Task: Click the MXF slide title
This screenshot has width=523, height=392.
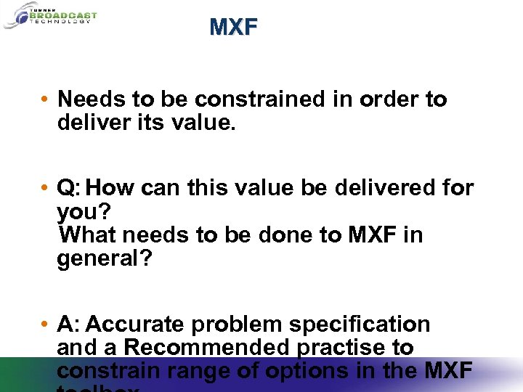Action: point(233,28)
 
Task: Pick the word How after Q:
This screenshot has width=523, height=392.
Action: point(110,189)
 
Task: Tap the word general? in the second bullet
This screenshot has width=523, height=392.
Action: point(105,258)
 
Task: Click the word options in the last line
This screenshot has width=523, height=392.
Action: point(318,371)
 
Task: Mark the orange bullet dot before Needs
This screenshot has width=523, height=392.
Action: point(45,99)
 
